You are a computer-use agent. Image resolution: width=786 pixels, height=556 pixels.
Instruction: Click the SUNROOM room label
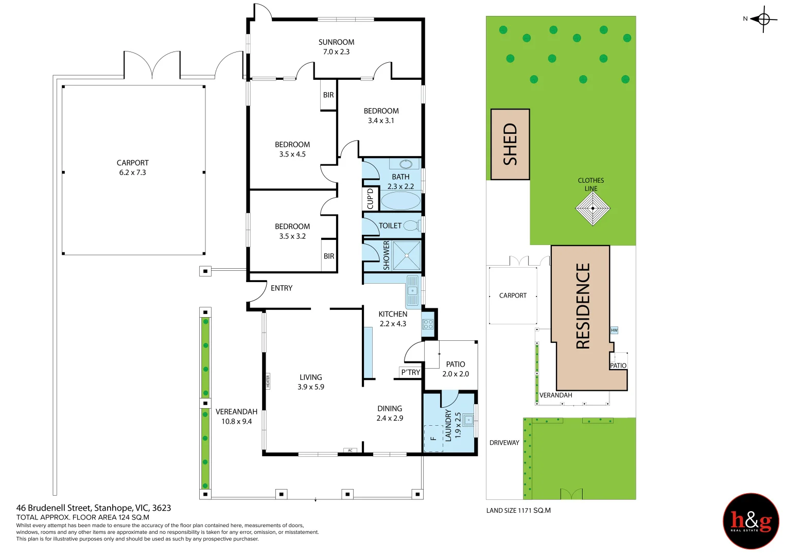336,42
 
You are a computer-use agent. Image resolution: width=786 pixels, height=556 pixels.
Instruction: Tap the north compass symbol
763,20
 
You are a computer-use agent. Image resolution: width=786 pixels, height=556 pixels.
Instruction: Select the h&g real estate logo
751,521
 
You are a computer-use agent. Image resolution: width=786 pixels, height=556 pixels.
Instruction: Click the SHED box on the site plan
510,144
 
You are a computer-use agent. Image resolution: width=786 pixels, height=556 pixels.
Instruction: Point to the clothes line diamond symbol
592,208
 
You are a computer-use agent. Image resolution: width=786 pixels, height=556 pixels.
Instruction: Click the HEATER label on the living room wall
268,381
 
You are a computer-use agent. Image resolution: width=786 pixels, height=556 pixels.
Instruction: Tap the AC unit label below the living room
350,450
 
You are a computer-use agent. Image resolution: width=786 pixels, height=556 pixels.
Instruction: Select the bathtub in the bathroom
400,201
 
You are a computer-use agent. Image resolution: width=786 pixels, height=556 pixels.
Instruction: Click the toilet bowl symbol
411,225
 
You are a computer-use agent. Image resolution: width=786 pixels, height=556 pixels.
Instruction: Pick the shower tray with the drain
407,255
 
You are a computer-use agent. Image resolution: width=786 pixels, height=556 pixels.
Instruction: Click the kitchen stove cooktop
428,324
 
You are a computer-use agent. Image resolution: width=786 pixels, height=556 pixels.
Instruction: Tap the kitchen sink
413,290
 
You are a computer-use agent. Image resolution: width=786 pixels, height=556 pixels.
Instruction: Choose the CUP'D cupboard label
370,199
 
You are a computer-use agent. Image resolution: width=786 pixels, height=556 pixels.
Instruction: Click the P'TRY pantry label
411,372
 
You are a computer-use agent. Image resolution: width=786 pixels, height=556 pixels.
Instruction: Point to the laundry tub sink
468,420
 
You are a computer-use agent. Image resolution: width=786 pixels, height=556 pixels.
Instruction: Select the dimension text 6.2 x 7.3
132,172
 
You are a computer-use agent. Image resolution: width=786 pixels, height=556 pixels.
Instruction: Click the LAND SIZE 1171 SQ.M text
518,511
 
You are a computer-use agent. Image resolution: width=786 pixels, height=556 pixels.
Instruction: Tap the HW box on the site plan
614,330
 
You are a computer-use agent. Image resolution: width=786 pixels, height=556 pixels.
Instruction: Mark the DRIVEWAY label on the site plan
504,443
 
